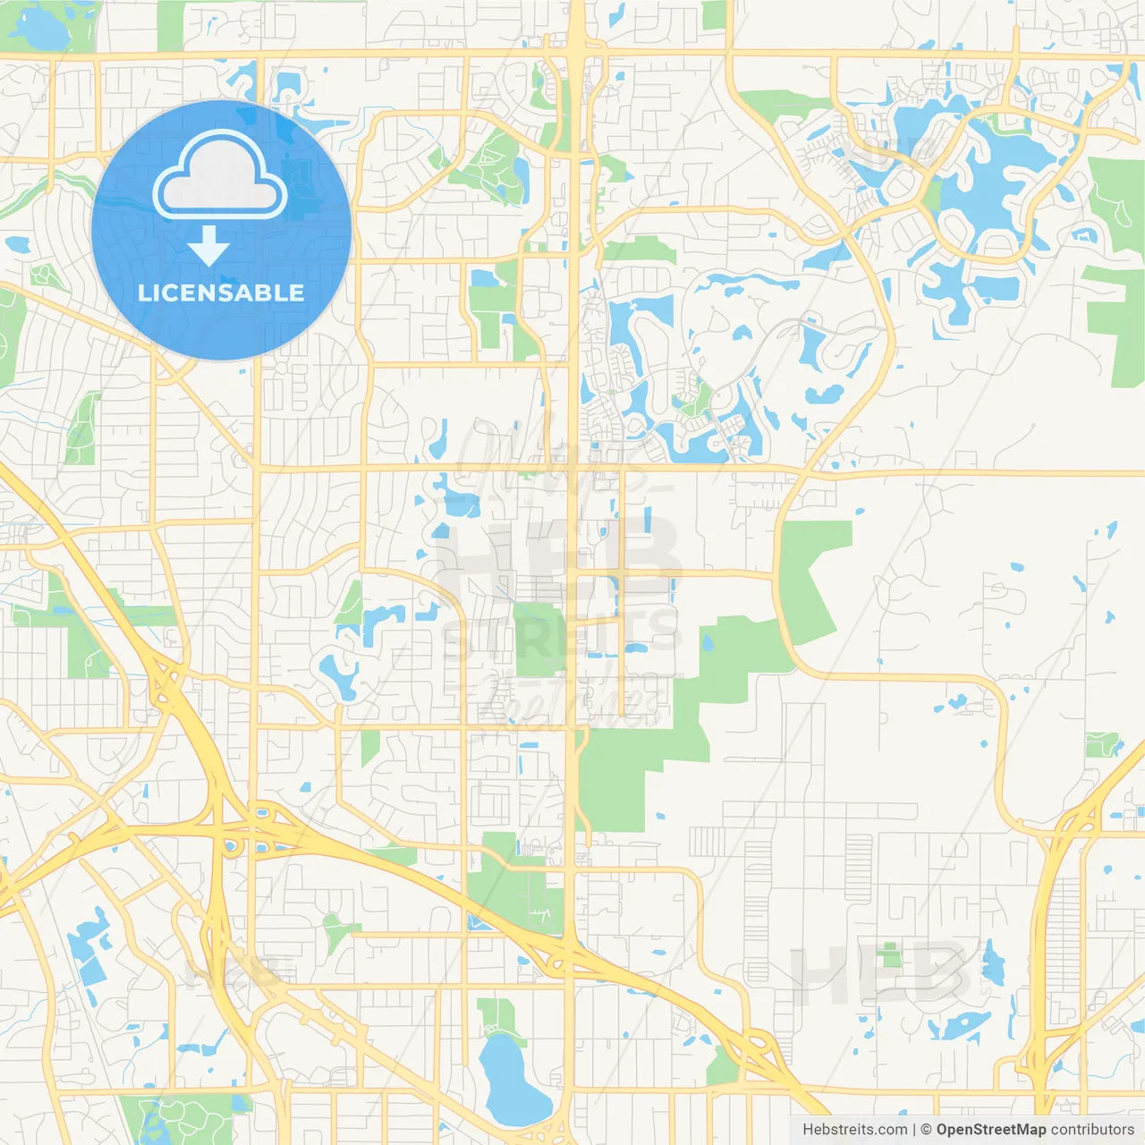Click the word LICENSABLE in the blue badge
pyautogui.click(x=221, y=293)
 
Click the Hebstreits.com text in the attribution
pyautogui.click(x=854, y=1130)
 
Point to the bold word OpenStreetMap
pyautogui.click(x=990, y=1130)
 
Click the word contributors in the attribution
pyautogui.click(x=1092, y=1130)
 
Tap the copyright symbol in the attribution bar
pyautogui.click(x=926, y=1130)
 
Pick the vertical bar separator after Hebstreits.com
pyautogui.click(x=913, y=1130)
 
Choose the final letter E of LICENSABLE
pyautogui.click(x=297, y=293)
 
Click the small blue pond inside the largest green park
pyautogui.click(x=708, y=641)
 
